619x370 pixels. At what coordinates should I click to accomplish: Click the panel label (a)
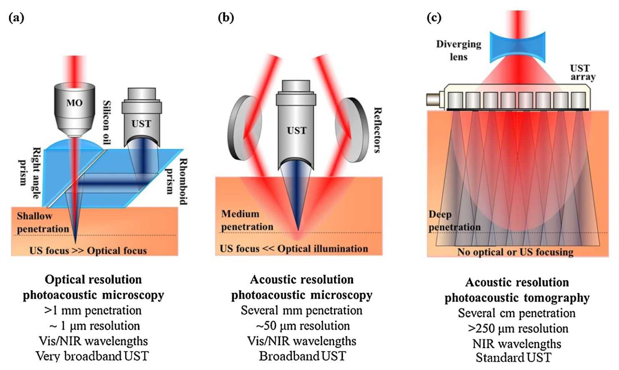tap(16, 17)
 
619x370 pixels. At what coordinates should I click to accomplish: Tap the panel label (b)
tap(226, 17)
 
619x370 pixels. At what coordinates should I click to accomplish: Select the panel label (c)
tap(434, 17)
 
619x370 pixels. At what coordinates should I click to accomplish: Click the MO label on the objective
tap(74, 102)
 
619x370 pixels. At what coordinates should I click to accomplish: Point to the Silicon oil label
tap(107, 122)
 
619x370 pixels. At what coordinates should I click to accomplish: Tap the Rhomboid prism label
tap(176, 181)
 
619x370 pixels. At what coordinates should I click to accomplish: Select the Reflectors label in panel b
tap(377, 130)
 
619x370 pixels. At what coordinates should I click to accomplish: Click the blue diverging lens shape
tap(517, 46)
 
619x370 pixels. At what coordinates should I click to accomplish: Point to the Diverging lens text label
tap(458, 50)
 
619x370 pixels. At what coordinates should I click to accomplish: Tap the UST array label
tap(582, 72)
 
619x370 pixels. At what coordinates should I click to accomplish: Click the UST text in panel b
tap(297, 130)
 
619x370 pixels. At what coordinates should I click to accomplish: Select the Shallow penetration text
tap(43, 222)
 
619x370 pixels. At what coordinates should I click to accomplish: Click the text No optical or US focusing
tap(515, 252)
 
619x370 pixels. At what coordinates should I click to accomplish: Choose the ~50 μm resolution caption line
tap(303, 325)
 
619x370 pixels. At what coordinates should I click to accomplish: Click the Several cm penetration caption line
tap(516, 313)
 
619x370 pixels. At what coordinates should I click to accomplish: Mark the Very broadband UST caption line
tap(92, 356)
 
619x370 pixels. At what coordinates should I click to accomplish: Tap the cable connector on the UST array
tap(433, 99)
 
